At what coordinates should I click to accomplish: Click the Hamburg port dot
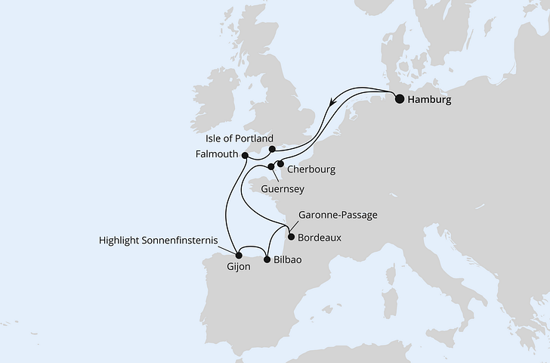(x=400, y=98)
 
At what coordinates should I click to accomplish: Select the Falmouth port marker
(x=245, y=155)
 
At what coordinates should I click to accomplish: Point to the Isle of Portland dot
(x=273, y=149)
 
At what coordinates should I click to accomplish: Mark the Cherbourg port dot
(x=280, y=163)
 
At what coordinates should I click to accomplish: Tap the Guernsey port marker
(x=270, y=167)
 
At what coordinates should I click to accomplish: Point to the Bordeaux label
(x=320, y=237)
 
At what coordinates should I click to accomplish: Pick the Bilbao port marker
(x=266, y=260)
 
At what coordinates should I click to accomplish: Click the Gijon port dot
(x=239, y=255)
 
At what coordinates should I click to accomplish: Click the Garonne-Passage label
(x=338, y=215)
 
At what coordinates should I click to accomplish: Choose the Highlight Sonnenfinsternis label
(x=159, y=240)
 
